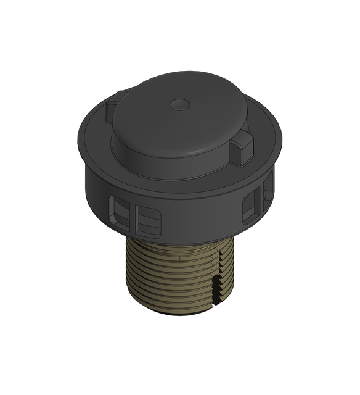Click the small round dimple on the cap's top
point(180,104)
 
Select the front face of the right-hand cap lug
point(242,152)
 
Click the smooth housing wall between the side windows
point(197,213)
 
